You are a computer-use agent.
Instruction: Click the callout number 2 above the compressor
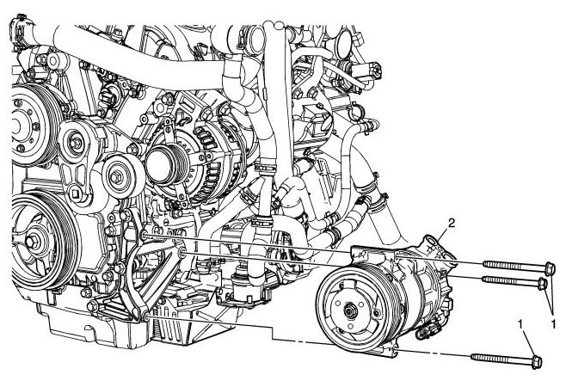[451, 224]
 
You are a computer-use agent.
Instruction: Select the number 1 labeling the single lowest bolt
[520, 324]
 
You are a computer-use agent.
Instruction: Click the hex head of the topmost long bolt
[549, 268]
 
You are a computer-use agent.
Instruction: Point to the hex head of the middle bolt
[543, 284]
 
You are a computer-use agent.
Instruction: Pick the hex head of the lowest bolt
[537, 362]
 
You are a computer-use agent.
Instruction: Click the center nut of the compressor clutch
[349, 310]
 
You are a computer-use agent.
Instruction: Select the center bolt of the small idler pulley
[115, 177]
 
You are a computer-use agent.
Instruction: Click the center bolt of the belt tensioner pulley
[77, 144]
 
